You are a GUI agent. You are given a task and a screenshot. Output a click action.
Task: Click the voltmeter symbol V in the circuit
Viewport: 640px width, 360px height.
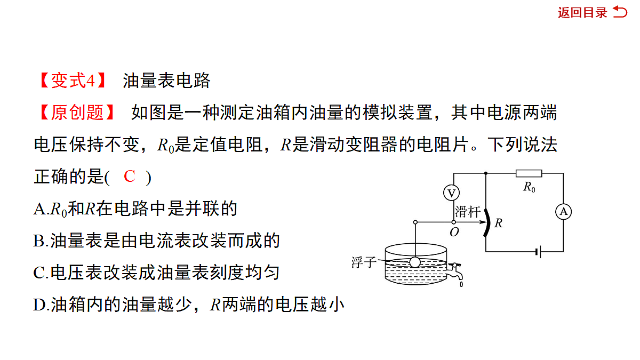(x=451, y=193)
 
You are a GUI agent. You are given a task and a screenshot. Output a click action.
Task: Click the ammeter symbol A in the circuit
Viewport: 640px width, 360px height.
(x=563, y=212)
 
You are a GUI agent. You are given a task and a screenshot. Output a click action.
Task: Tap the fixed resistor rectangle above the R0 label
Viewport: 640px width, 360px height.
(x=529, y=173)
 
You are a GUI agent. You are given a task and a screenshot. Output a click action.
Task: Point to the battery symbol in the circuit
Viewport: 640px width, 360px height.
(x=539, y=252)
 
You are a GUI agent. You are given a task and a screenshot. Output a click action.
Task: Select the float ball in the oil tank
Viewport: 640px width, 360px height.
(x=415, y=262)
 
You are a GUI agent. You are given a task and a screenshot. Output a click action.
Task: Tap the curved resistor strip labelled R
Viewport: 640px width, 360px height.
(x=487, y=223)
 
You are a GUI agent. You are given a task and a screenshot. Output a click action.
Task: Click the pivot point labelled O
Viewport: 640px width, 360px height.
(x=454, y=222)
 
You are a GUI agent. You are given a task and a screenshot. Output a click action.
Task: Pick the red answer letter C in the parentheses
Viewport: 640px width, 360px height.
(x=130, y=177)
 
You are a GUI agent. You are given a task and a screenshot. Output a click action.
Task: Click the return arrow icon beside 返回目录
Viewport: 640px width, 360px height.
(x=620, y=12)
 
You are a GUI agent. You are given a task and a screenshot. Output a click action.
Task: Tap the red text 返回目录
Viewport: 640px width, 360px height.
(x=582, y=13)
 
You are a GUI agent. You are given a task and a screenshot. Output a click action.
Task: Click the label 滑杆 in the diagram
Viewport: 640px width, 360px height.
(x=467, y=212)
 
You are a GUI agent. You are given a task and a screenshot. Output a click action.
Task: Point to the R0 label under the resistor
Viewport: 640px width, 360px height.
(x=530, y=187)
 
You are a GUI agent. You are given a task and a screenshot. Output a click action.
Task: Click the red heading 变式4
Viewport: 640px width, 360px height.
(x=73, y=81)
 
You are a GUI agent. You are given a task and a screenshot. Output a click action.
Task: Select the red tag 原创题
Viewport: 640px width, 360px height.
(x=77, y=113)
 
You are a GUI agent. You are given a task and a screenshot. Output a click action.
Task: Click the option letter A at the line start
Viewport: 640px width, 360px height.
(x=39, y=209)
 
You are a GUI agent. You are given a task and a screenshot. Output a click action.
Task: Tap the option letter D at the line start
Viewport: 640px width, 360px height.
(x=39, y=305)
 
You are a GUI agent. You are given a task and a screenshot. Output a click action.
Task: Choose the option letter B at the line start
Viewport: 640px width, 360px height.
(x=39, y=241)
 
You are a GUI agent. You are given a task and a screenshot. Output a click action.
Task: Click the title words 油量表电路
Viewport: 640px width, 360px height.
(x=166, y=81)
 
